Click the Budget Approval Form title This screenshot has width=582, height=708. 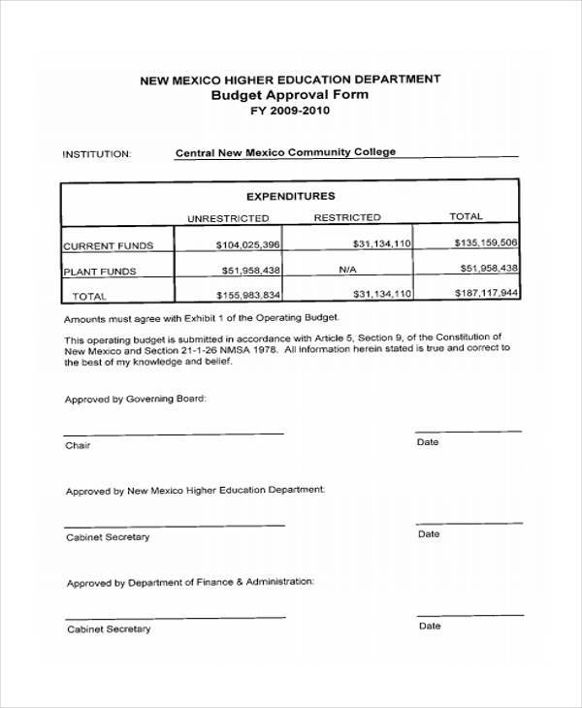click(290, 95)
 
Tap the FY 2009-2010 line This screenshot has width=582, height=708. click(290, 112)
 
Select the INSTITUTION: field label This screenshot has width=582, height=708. click(97, 153)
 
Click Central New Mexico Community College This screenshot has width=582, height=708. click(285, 152)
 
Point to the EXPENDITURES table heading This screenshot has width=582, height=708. click(289, 195)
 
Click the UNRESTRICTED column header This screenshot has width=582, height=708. click(228, 218)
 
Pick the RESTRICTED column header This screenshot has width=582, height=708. click(347, 217)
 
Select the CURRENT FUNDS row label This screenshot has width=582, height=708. click(102, 246)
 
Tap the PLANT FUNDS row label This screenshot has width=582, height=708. click(100, 272)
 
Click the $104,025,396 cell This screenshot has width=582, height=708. click(248, 245)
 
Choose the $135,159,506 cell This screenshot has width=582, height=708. click(485, 242)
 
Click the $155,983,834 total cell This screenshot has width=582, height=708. click(248, 295)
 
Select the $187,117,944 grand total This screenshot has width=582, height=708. click(486, 292)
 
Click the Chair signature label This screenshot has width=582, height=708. click(78, 446)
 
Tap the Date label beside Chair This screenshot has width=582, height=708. click(428, 442)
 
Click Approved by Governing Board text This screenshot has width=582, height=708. click(136, 400)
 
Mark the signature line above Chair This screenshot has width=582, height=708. click(174, 434)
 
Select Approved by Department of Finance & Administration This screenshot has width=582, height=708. click(190, 583)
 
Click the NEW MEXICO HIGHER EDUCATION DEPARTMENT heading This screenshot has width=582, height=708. click(290, 79)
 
